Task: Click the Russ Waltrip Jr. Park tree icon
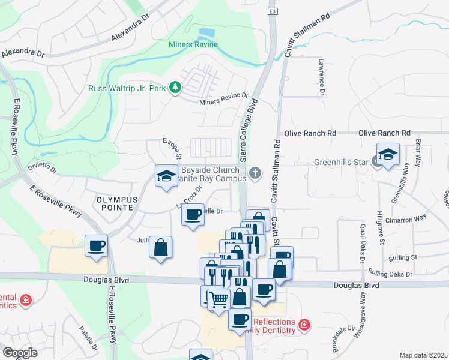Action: pyautogui.click(x=175, y=88)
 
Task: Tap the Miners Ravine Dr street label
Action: pyautogui.click(x=224, y=98)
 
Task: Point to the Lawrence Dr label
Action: pyautogui.click(x=322, y=77)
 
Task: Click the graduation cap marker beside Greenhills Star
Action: pyautogui.click(x=388, y=155)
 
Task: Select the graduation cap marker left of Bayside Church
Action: pyautogui.click(x=166, y=176)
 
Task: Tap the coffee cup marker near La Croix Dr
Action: pyautogui.click(x=193, y=215)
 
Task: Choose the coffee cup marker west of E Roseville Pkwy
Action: pyautogui.click(x=96, y=245)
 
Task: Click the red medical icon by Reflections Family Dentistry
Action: pyautogui.click(x=304, y=325)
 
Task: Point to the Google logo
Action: pyautogui.click(x=20, y=353)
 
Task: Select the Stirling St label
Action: pyautogui.click(x=403, y=257)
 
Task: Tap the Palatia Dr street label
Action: pyautogui.click(x=88, y=339)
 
